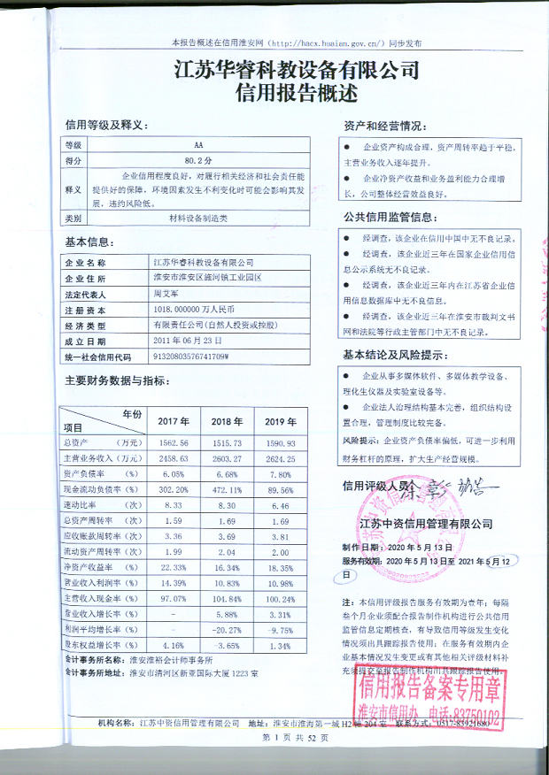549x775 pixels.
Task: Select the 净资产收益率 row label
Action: [x=89, y=567]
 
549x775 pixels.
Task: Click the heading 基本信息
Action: [x=89, y=242]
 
